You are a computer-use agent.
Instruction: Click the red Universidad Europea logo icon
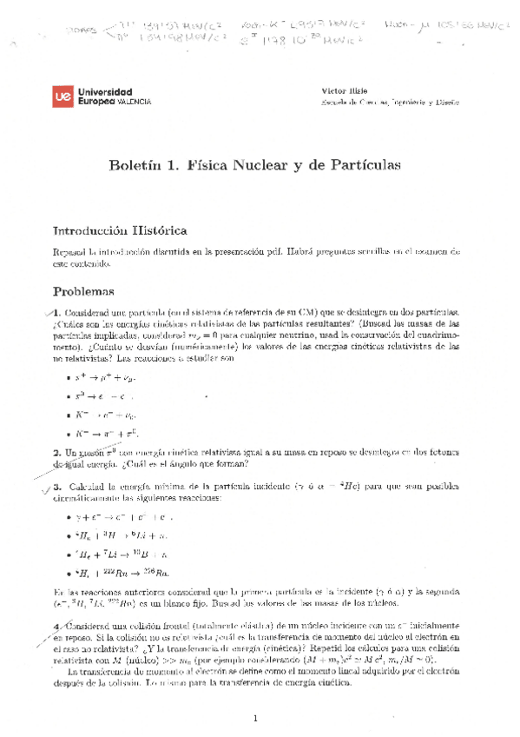65,96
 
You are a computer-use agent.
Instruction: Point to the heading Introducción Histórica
120,231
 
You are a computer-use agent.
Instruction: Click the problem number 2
56,453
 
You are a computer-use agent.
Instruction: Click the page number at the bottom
256,718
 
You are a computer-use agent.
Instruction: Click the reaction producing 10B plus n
121,554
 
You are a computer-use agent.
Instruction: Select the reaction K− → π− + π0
108,433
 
